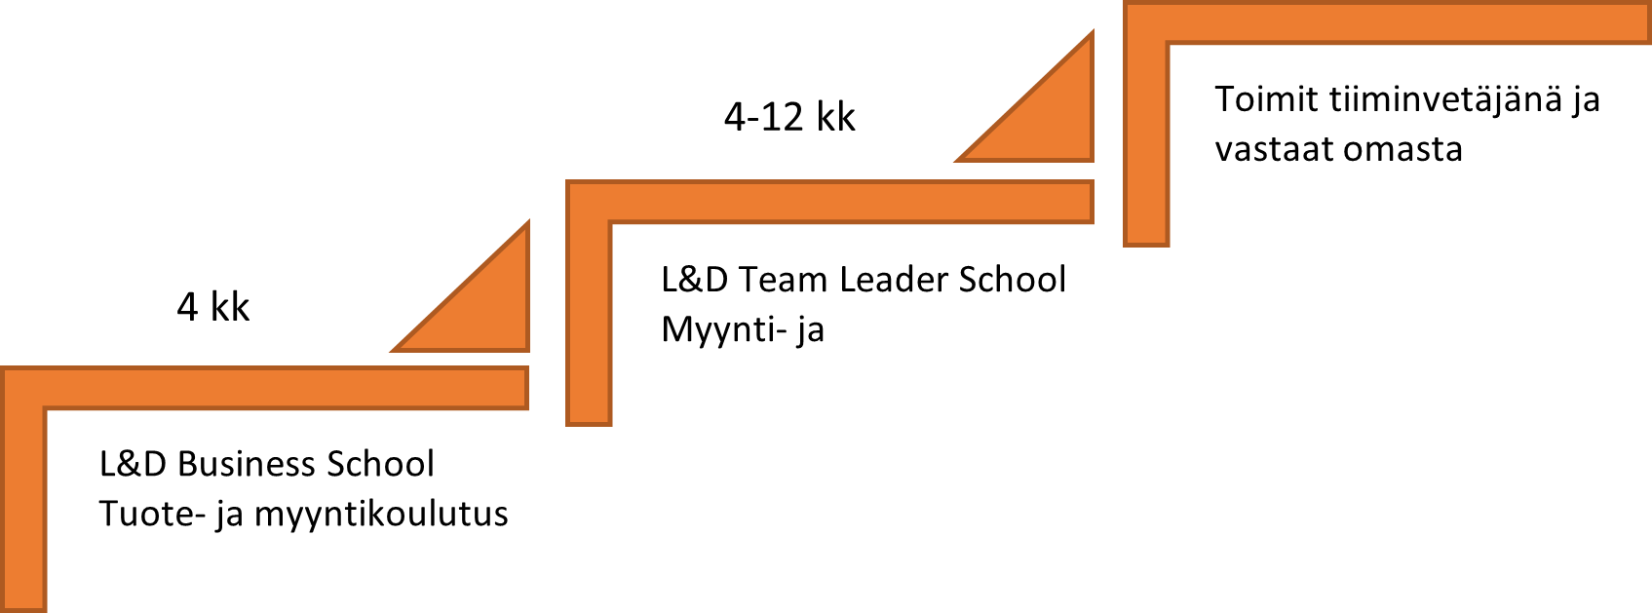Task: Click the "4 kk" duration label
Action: pyautogui.click(x=213, y=306)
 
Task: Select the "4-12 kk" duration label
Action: pyautogui.click(x=789, y=116)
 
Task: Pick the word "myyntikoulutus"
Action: pyautogui.click(x=381, y=514)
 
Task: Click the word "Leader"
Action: pyautogui.click(x=894, y=280)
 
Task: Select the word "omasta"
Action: pyautogui.click(x=1402, y=150)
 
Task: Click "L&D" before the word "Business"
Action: pyautogui.click(x=133, y=464)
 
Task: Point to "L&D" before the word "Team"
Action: pyautogui.click(x=694, y=280)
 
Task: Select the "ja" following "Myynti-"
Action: pyautogui.click(x=810, y=330)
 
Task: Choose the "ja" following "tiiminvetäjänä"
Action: pyautogui.click(x=1586, y=99)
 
